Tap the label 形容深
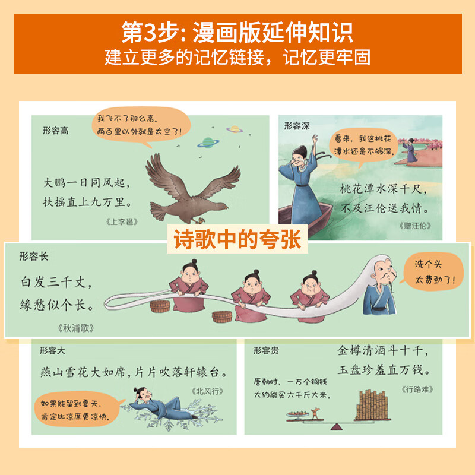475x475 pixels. [297, 125]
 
